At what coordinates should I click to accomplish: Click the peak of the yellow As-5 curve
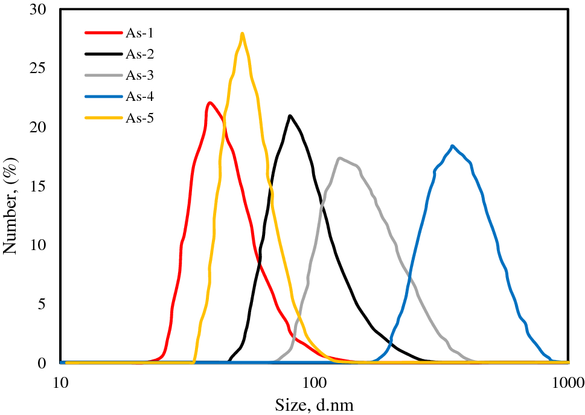[x=242, y=34]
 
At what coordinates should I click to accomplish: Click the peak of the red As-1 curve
[x=209, y=103]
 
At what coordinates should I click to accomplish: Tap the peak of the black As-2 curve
[x=290, y=115]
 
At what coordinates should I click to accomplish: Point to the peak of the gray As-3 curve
[x=340, y=158]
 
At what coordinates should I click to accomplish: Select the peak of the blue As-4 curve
[x=452, y=146]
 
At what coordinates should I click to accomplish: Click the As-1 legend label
[x=139, y=33]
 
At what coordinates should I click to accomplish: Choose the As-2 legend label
[x=139, y=54]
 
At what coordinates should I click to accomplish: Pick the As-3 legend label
[x=139, y=76]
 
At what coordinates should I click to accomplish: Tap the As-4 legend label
[x=139, y=97]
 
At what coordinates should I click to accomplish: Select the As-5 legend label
[x=139, y=118]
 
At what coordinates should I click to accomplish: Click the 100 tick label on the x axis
[x=314, y=382]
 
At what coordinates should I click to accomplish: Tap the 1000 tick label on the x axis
[x=567, y=382]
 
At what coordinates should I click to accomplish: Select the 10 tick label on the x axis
[x=60, y=382]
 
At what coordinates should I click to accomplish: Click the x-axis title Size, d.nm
[x=314, y=404]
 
